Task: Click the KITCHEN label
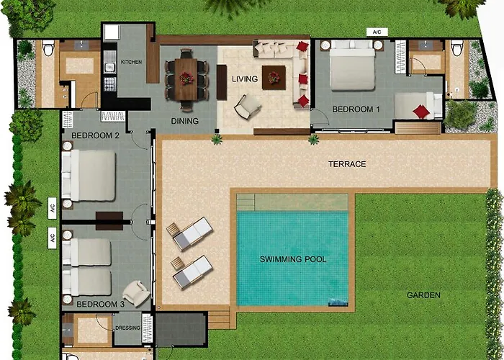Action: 131,62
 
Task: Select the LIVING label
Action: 244,78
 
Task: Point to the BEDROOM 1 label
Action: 355,109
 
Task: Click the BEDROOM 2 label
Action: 95,135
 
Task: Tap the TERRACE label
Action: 347,164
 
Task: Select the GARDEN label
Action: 423,295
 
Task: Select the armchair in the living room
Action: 247,107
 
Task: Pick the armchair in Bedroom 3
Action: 135,292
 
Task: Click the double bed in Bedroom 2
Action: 89,175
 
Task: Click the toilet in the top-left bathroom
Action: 48,49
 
